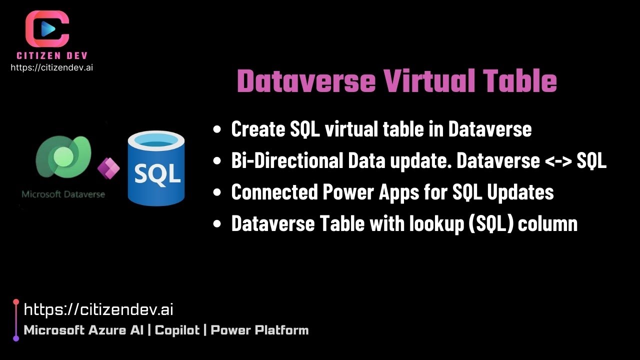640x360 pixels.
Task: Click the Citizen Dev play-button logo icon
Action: [x=47, y=29]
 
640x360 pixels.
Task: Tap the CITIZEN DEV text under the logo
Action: [x=52, y=56]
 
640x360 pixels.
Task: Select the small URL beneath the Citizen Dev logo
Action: [x=51, y=67]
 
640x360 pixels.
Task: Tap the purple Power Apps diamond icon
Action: [x=108, y=169]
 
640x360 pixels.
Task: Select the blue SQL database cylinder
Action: [x=156, y=168]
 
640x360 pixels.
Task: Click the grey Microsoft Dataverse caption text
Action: [x=63, y=194]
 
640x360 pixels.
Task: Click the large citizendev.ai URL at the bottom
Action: [x=98, y=310]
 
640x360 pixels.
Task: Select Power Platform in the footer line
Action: [x=259, y=330]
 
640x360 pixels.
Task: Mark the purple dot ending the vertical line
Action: [x=16, y=338]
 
